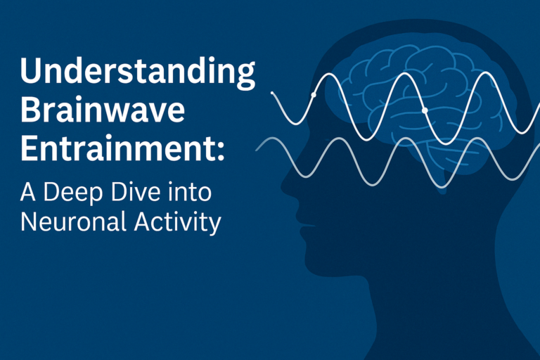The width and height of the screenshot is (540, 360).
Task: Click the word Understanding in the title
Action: coord(138,72)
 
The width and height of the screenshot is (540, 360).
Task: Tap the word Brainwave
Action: coord(103,110)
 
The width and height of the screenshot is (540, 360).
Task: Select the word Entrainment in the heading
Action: coord(118,148)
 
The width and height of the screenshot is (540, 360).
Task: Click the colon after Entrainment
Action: coord(221,152)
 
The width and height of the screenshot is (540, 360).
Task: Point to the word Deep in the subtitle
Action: coord(73,193)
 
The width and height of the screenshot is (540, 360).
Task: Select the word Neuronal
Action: coord(73,221)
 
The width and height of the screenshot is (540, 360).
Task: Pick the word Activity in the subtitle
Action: coord(178,222)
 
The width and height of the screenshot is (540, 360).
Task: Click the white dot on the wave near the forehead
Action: coord(314,95)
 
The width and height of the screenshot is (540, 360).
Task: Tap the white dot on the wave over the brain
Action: coord(425,110)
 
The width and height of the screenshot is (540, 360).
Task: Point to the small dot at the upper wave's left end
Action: coord(272,93)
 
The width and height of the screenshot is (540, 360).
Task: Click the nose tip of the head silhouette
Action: coord(282,187)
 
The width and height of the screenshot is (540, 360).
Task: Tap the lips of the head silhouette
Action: coord(304,226)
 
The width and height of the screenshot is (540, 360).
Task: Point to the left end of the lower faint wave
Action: coord(256,150)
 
